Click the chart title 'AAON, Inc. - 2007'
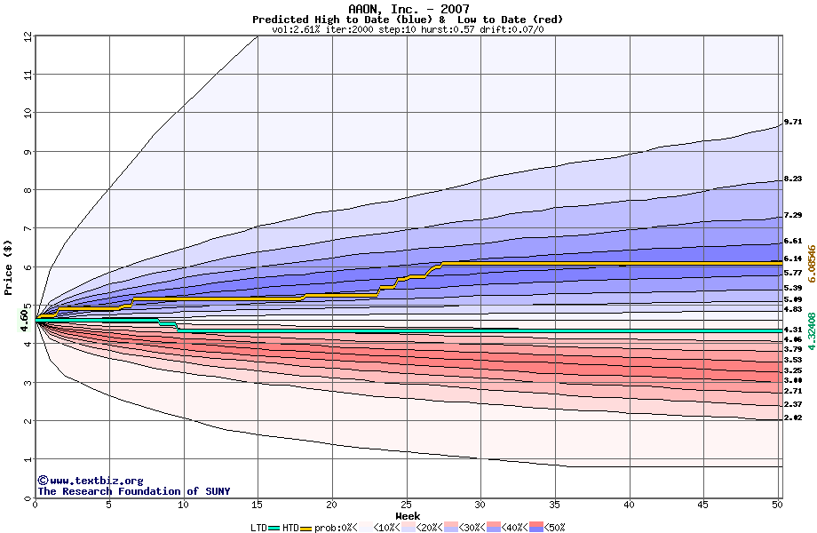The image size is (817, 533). tap(408, 9)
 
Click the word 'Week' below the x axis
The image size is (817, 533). tap(408, 516)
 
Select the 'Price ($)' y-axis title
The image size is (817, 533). tap(8, 266)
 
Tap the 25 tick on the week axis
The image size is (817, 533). tap(406, 505)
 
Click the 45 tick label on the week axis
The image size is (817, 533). tap(703, 505)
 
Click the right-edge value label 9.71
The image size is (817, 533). tap(793, 123)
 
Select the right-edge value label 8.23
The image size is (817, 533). tap(793, 179)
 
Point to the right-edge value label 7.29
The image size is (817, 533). tap(793, 216)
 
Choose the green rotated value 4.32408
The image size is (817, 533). tap(809, 330)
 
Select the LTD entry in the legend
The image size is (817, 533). tap(260, 528)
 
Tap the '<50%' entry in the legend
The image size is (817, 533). tap(552, 528)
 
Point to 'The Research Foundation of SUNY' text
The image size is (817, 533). tap(133, 491)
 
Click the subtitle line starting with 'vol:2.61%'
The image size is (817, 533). tap(408, 29)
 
